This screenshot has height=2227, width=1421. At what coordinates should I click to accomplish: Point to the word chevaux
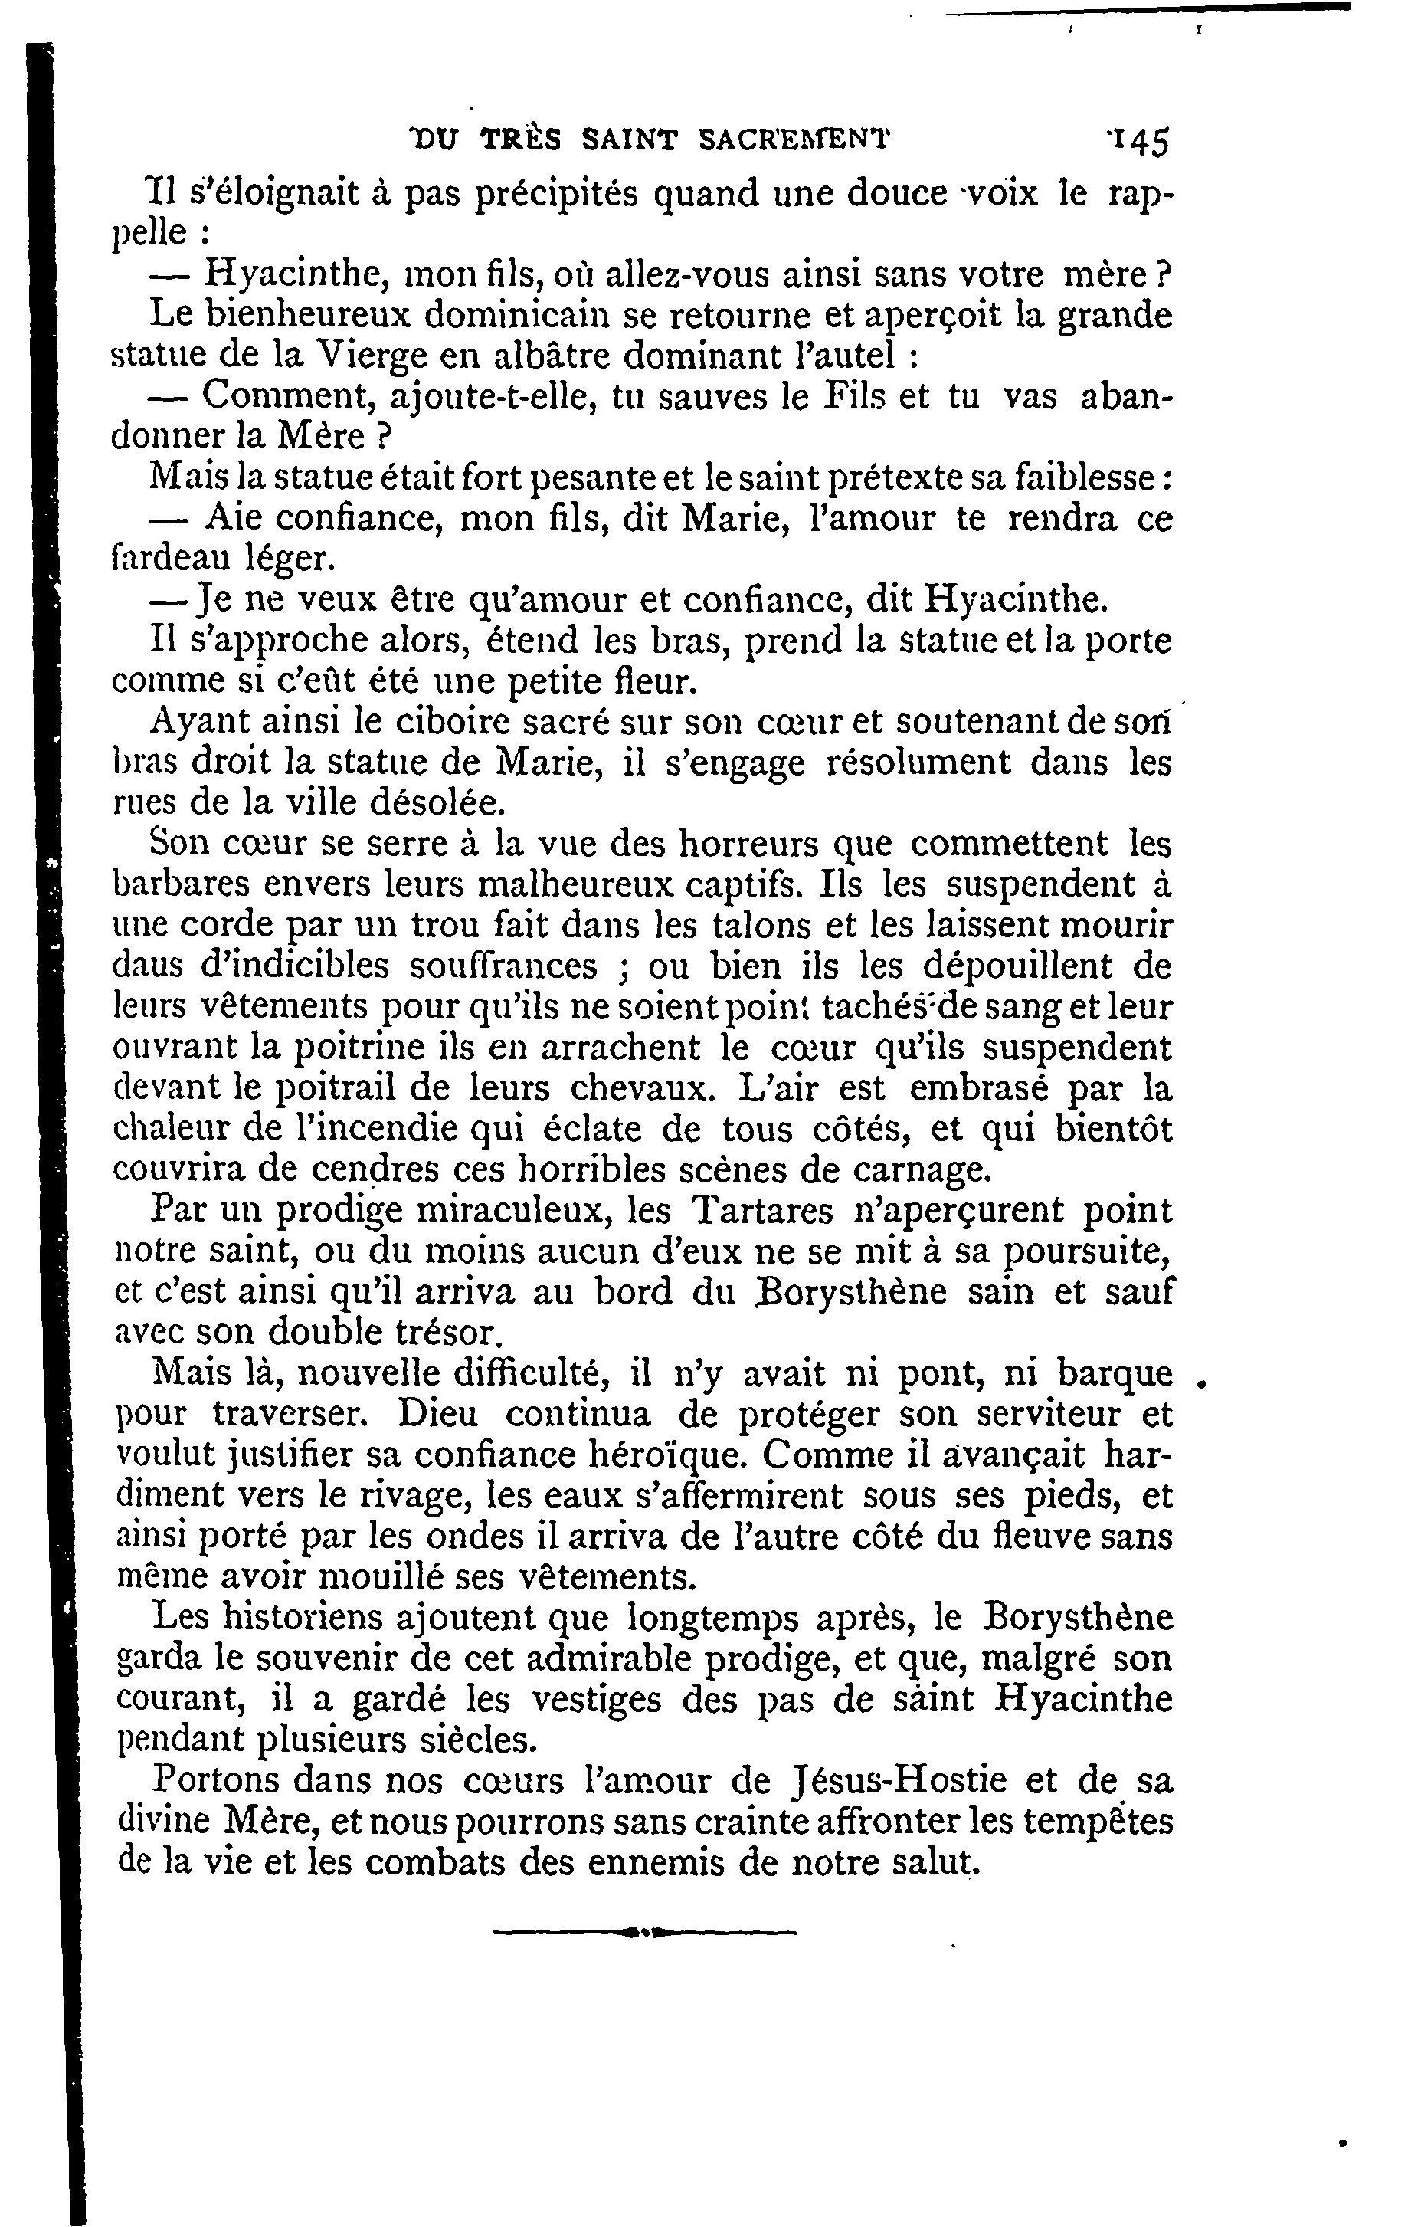[643, 1087]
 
